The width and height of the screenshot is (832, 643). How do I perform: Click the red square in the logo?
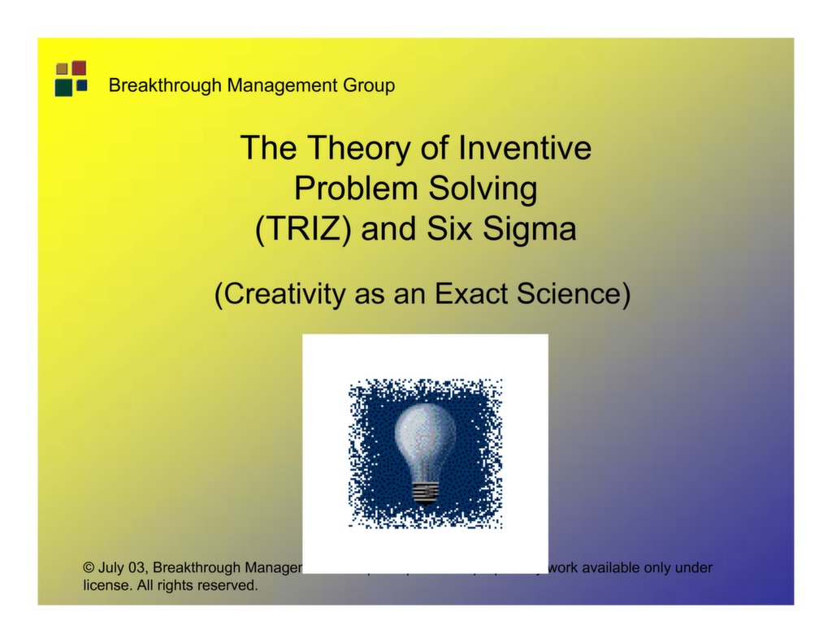[x=79, y=67]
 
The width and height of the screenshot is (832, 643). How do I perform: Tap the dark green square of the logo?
[x=63, y=87]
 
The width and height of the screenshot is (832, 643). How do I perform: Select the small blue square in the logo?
[x=81, y=85]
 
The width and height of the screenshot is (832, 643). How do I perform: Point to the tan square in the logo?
[x=62, y=69]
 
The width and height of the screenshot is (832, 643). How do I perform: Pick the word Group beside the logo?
[x=369, y=85]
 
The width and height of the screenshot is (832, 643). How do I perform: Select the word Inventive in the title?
[x=525, y=148]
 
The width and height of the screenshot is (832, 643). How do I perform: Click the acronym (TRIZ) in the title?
[x=303, y=229]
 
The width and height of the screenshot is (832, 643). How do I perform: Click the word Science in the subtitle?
[x=574, y=294]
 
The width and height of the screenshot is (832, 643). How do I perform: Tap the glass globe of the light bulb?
[x=425, y=435]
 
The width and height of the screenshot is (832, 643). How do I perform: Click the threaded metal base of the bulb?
[x=425, y=491]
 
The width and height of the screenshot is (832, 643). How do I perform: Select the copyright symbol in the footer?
[x=89, y=567]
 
